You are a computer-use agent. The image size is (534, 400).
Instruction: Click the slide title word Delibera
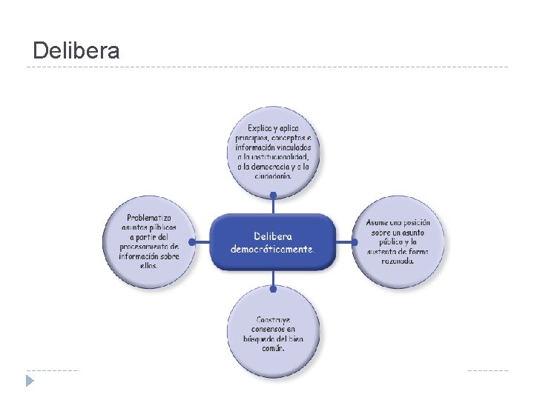point(76,51)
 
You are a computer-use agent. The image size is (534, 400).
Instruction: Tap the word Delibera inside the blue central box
point(272,236)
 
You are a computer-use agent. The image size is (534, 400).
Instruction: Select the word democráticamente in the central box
point(272,250)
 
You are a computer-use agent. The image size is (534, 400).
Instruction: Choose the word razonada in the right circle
point(398,261)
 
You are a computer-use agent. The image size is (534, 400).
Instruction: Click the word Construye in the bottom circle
point(273,320)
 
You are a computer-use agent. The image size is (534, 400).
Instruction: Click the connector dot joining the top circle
point(273,196)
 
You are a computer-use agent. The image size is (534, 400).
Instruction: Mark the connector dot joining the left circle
point(193,241)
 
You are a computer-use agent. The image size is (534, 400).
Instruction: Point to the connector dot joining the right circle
point(354,241)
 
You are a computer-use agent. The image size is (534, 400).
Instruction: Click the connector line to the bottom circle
point(273,280)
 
